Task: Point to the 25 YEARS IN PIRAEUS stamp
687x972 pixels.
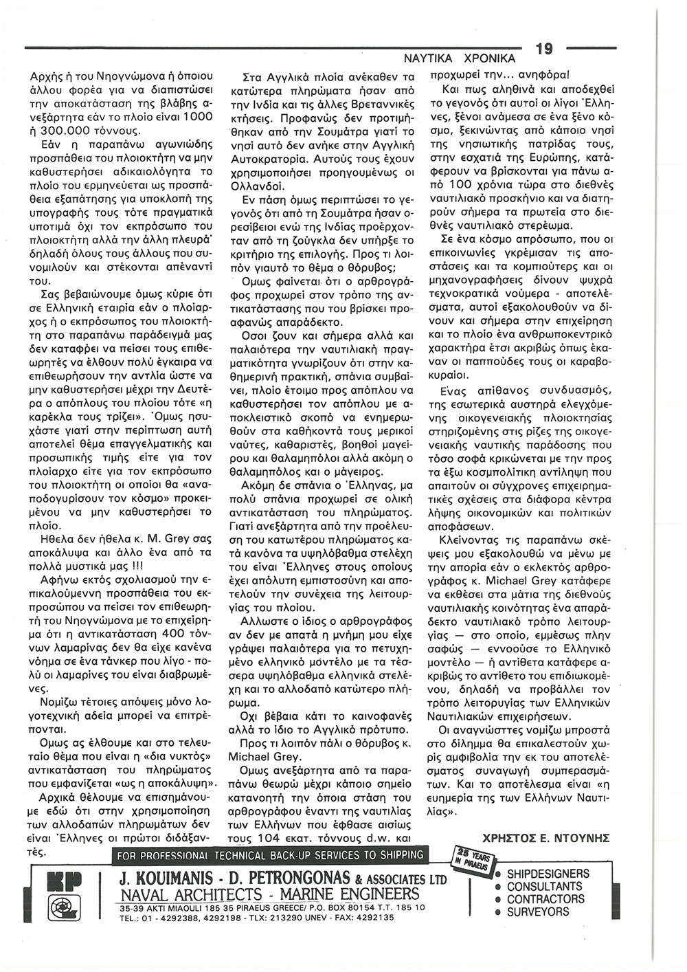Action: tap(473, 861)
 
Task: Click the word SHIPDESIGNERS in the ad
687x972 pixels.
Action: tap(548, 874)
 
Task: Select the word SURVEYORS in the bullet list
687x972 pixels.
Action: tap(538, 912)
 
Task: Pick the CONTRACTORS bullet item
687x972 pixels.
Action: tap(545, 899)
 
